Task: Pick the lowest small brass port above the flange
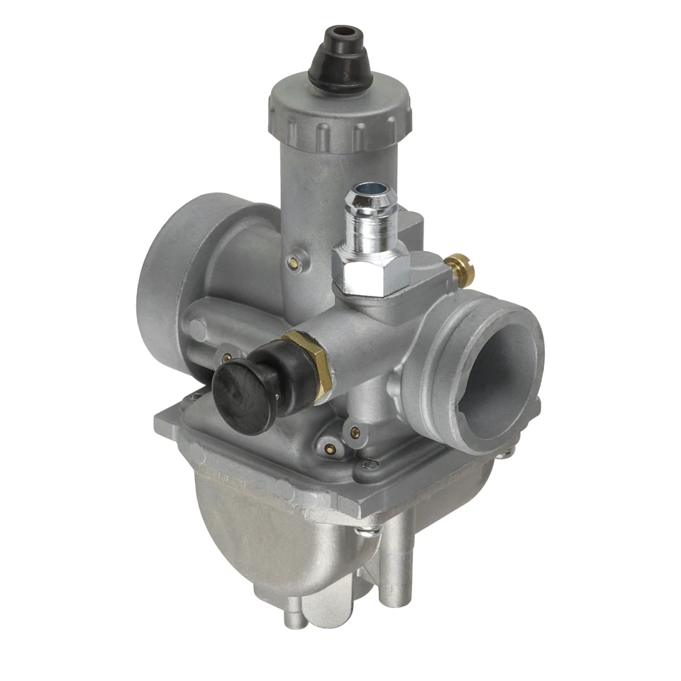coord(328,448)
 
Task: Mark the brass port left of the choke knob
coord(227,358)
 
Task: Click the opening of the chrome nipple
coord(368,189)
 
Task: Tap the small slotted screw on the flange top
coord(366,465)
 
